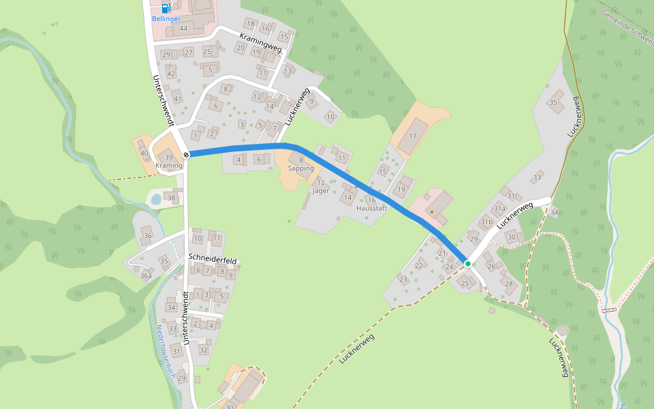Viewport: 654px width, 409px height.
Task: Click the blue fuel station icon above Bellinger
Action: [x=166, y=8]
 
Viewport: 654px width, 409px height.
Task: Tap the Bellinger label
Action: [x=166, y=19]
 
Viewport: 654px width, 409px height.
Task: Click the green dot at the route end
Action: [x=467, y=263]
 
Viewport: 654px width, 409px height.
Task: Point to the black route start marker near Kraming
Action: [x=185, y=155]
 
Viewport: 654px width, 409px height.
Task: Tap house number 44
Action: [x=183, y=29]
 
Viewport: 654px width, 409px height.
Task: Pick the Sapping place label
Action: [x=301, y=168]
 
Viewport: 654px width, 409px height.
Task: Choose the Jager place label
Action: [x=320, y=191]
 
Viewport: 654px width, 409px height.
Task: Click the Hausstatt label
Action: [x=372, y=208]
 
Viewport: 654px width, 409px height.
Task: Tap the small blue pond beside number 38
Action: [x=156, y=199]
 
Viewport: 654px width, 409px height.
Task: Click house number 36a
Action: [x=146, y=276]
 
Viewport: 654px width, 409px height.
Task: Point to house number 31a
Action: [x=499, y=209]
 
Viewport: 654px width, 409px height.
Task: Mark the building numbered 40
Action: [x=144, y=153]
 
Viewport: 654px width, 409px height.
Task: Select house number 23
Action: [x=403, y=279]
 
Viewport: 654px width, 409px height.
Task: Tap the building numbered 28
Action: [x=508, y=283]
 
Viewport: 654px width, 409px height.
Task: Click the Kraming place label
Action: [x=169, y=166]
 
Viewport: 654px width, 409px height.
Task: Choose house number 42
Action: [x=171, y=74]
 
